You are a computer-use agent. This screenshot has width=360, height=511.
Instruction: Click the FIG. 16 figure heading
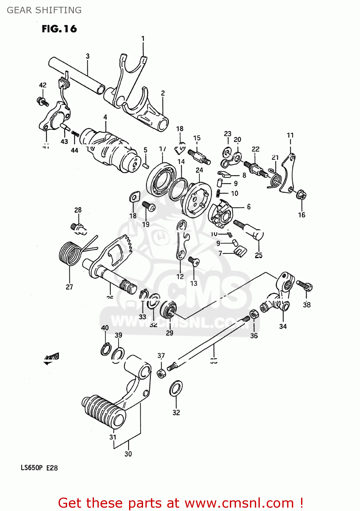click(59, 29)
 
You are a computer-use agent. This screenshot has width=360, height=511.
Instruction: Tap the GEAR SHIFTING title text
click(44, 10)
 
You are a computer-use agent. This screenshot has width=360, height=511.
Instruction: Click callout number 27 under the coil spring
click(69, 287)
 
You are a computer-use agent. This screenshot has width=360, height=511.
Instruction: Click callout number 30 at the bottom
click(128, 454)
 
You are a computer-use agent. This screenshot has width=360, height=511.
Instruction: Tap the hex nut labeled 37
click(161, 373)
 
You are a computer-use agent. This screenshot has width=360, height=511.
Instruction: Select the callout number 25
click(259, 255)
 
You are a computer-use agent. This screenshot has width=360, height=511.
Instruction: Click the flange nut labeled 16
click(301, 195)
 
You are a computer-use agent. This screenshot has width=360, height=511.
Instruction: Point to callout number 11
click(290, 135)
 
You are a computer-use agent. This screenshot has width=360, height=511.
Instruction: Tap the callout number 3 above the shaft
click(88, 56)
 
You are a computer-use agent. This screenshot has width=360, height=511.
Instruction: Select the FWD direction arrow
click(51, 358)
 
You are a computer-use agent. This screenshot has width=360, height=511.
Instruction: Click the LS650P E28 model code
click(39, 468)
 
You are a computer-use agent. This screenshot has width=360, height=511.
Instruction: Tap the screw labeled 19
click(148, 206)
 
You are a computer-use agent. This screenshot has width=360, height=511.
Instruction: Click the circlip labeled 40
click(105, 349)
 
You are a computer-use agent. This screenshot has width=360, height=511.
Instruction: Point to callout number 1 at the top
click(143, 38)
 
